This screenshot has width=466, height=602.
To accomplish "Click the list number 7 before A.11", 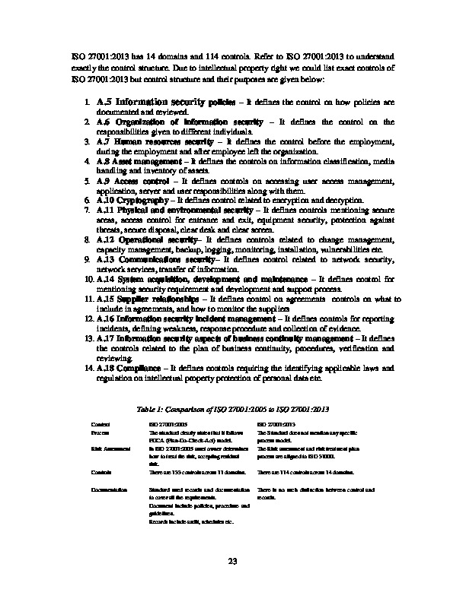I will coord(88,209).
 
